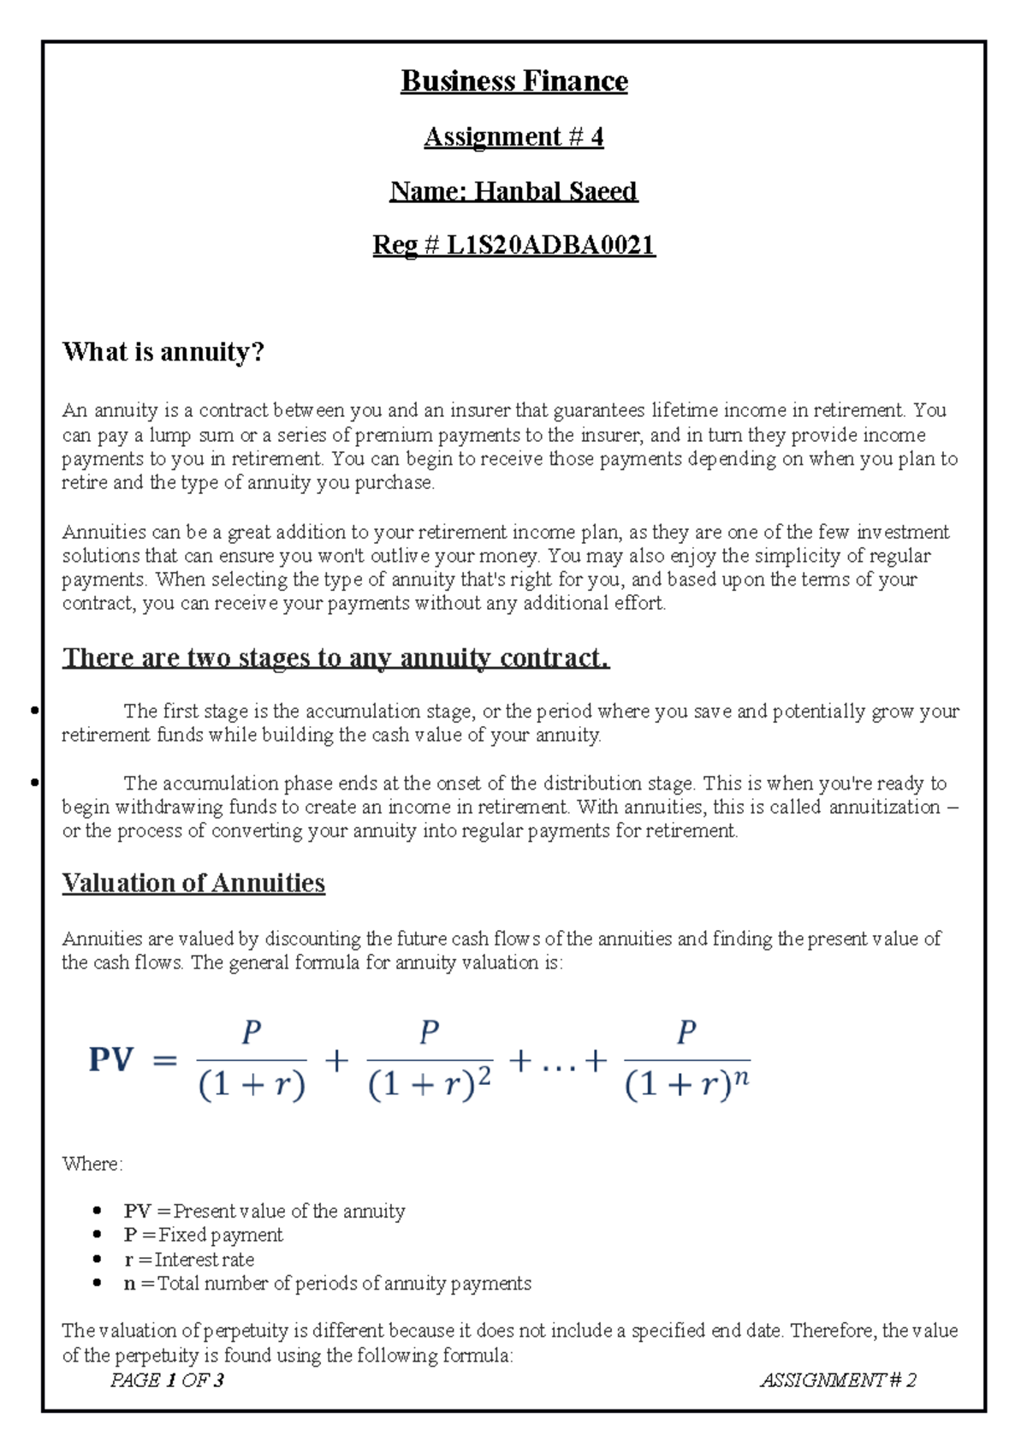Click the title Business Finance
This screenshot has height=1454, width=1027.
[x=513, y=81]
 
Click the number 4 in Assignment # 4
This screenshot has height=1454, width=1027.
[x=597, y=137]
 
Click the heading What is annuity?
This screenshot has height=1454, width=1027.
[x=163, y=352]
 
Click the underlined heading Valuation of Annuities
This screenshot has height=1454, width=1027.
[x=193, y=883]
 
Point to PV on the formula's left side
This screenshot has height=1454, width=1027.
[x=111, y=1060]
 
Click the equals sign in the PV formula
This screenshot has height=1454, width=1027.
[x=164, y=1061]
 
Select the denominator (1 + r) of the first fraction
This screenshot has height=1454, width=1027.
[x=252, y=1085]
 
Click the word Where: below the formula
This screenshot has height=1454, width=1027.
[x=92, y=1164]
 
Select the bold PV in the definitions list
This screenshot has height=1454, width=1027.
[x=137, y=1211]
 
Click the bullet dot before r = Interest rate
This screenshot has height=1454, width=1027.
[x=98, y=1260]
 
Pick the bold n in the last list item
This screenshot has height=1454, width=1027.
[x=130, y=1284]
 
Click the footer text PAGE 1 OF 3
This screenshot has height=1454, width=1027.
[x=167, y=1380]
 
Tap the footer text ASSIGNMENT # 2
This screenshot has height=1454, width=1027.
[x=838, y=1380]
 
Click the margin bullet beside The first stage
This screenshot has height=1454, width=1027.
[x=33, y=710]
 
